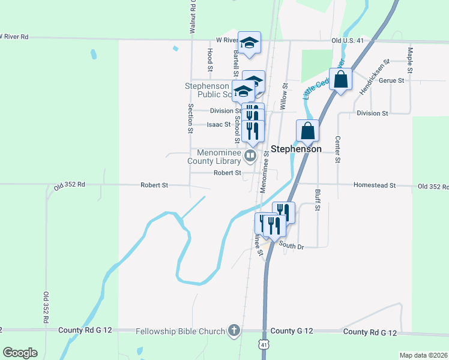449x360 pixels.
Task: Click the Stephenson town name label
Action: (x=296, y=148)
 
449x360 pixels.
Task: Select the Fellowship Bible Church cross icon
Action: (x=234, y=331)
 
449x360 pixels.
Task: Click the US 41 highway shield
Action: (x=264, y=344)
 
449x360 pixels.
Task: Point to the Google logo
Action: (x=20, y=353)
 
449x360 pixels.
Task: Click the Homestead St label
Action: (x=375, y=185)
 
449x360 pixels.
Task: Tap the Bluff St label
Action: (x=318, y=200)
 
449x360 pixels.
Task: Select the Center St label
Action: (x=338, y=150)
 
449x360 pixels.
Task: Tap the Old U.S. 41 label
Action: (x=347, y=41)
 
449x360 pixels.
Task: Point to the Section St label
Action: (x=190, y=118)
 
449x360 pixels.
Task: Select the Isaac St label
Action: (x=218, y=125)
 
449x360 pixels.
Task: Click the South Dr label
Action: (x=292, y=246)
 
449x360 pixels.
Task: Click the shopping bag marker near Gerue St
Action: (x=340, y=80)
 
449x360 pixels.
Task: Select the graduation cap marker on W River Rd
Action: (x=250, y=42)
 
